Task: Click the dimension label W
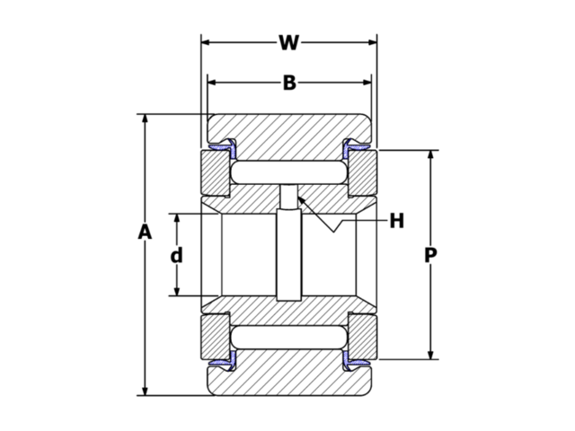pyautogui.click(x=288, y=42)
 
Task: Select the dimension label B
pyautogui.click(x=289, y=83)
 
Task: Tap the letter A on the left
pyautogui.click(x=145, y=233)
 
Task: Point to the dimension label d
pyautogui.click(x=177, y=255)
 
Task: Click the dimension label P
pyautogui.click(x=430, y=256)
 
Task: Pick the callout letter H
pyautogui.click(x=396, y=220)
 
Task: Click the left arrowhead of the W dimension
pyautogui.click(x=206, y=42)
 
